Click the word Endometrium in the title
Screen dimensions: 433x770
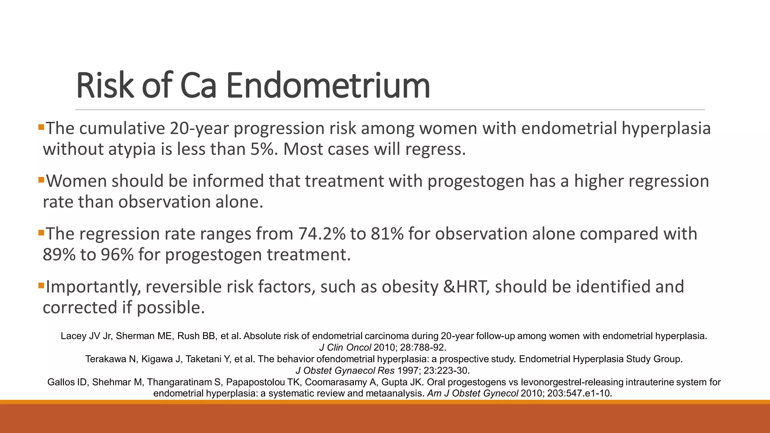pos(328,86)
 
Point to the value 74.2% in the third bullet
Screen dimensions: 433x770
pos(322,234)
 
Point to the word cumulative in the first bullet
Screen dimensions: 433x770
pos(122,129)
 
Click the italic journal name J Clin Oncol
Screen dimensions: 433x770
pos(345,347)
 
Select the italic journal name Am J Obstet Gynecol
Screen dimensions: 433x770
pos(473,394)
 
